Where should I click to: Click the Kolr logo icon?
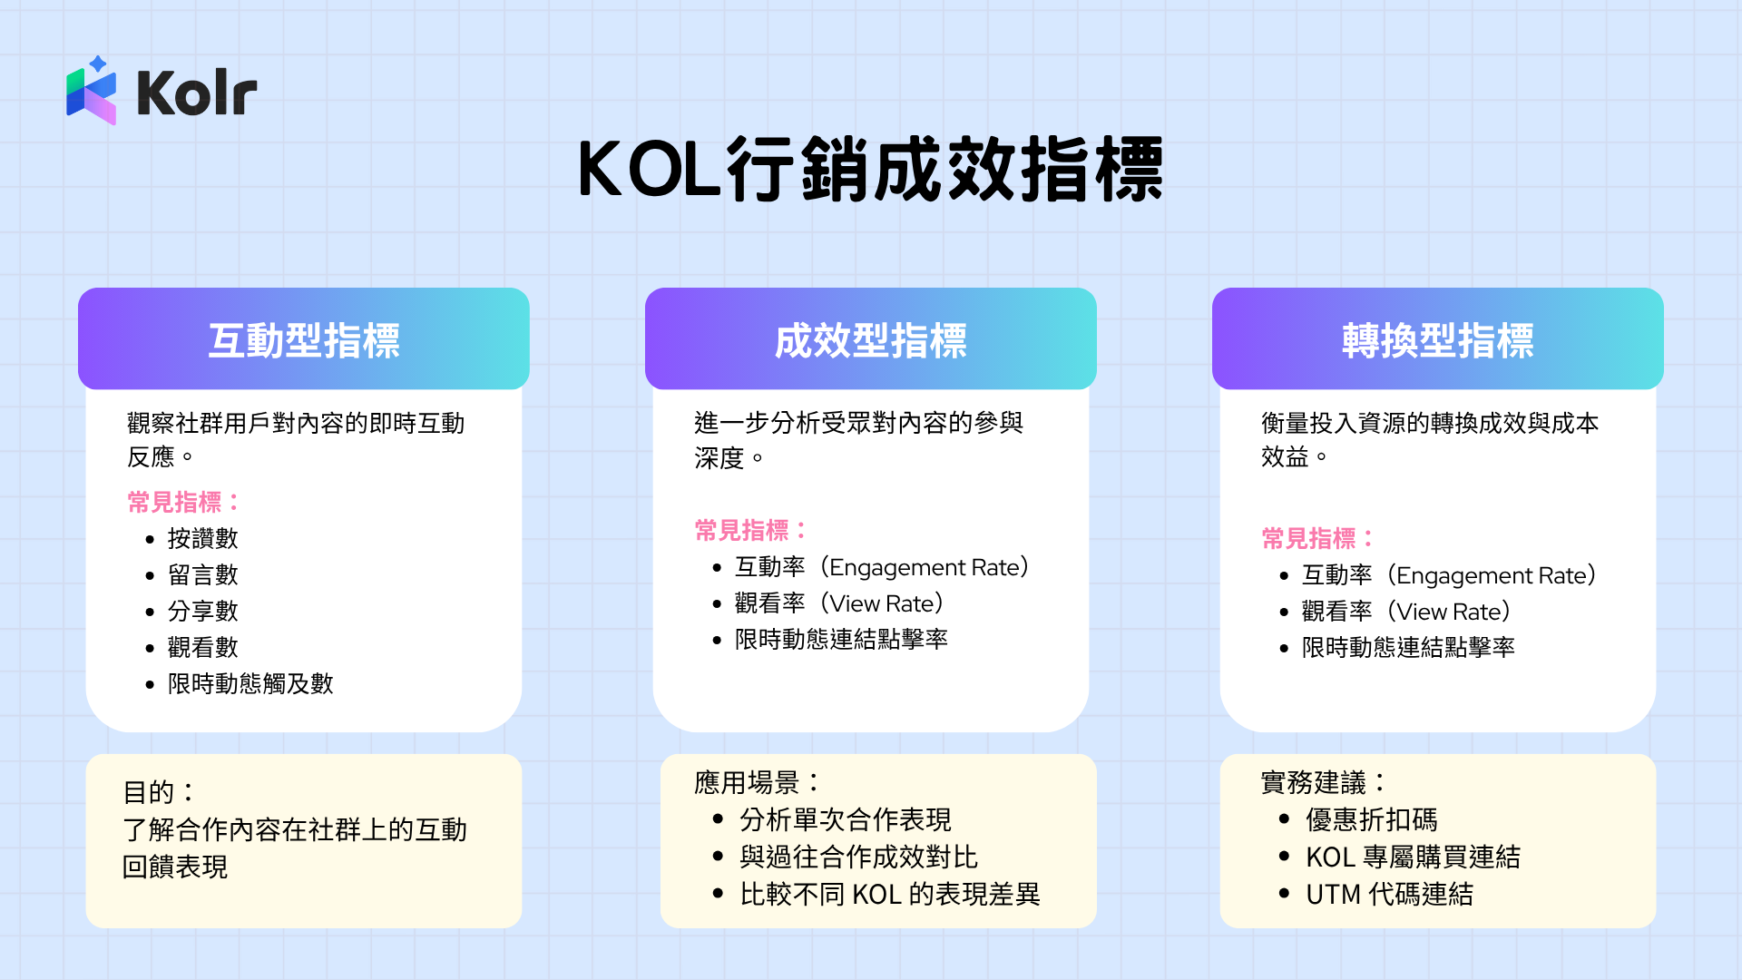(x=92, y=91)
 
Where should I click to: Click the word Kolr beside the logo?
(x=197, y=93)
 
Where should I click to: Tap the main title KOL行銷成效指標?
(x=871, y=170)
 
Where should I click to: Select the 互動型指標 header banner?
(x=304, y=339)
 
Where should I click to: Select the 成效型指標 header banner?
(x=871, y=339)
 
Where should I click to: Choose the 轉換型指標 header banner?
(x=1438, y=339)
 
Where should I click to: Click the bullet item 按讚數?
(x=202, y=539)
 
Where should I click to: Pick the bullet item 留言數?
(x=202, y=575)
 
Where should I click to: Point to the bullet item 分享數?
(x=202, y=612)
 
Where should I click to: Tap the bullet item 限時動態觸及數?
(x=250, y=684)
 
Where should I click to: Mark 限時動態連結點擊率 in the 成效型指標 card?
(x=841, y=640)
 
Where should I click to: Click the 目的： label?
(x=158, y=792)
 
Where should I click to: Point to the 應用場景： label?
(x=757, y=782)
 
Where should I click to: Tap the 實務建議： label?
(x=1323, y=782)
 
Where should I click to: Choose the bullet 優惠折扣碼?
(x=1371, y=820)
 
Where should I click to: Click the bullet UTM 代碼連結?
(x=1389, y=895)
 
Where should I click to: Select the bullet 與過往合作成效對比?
(x=858, y=857)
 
